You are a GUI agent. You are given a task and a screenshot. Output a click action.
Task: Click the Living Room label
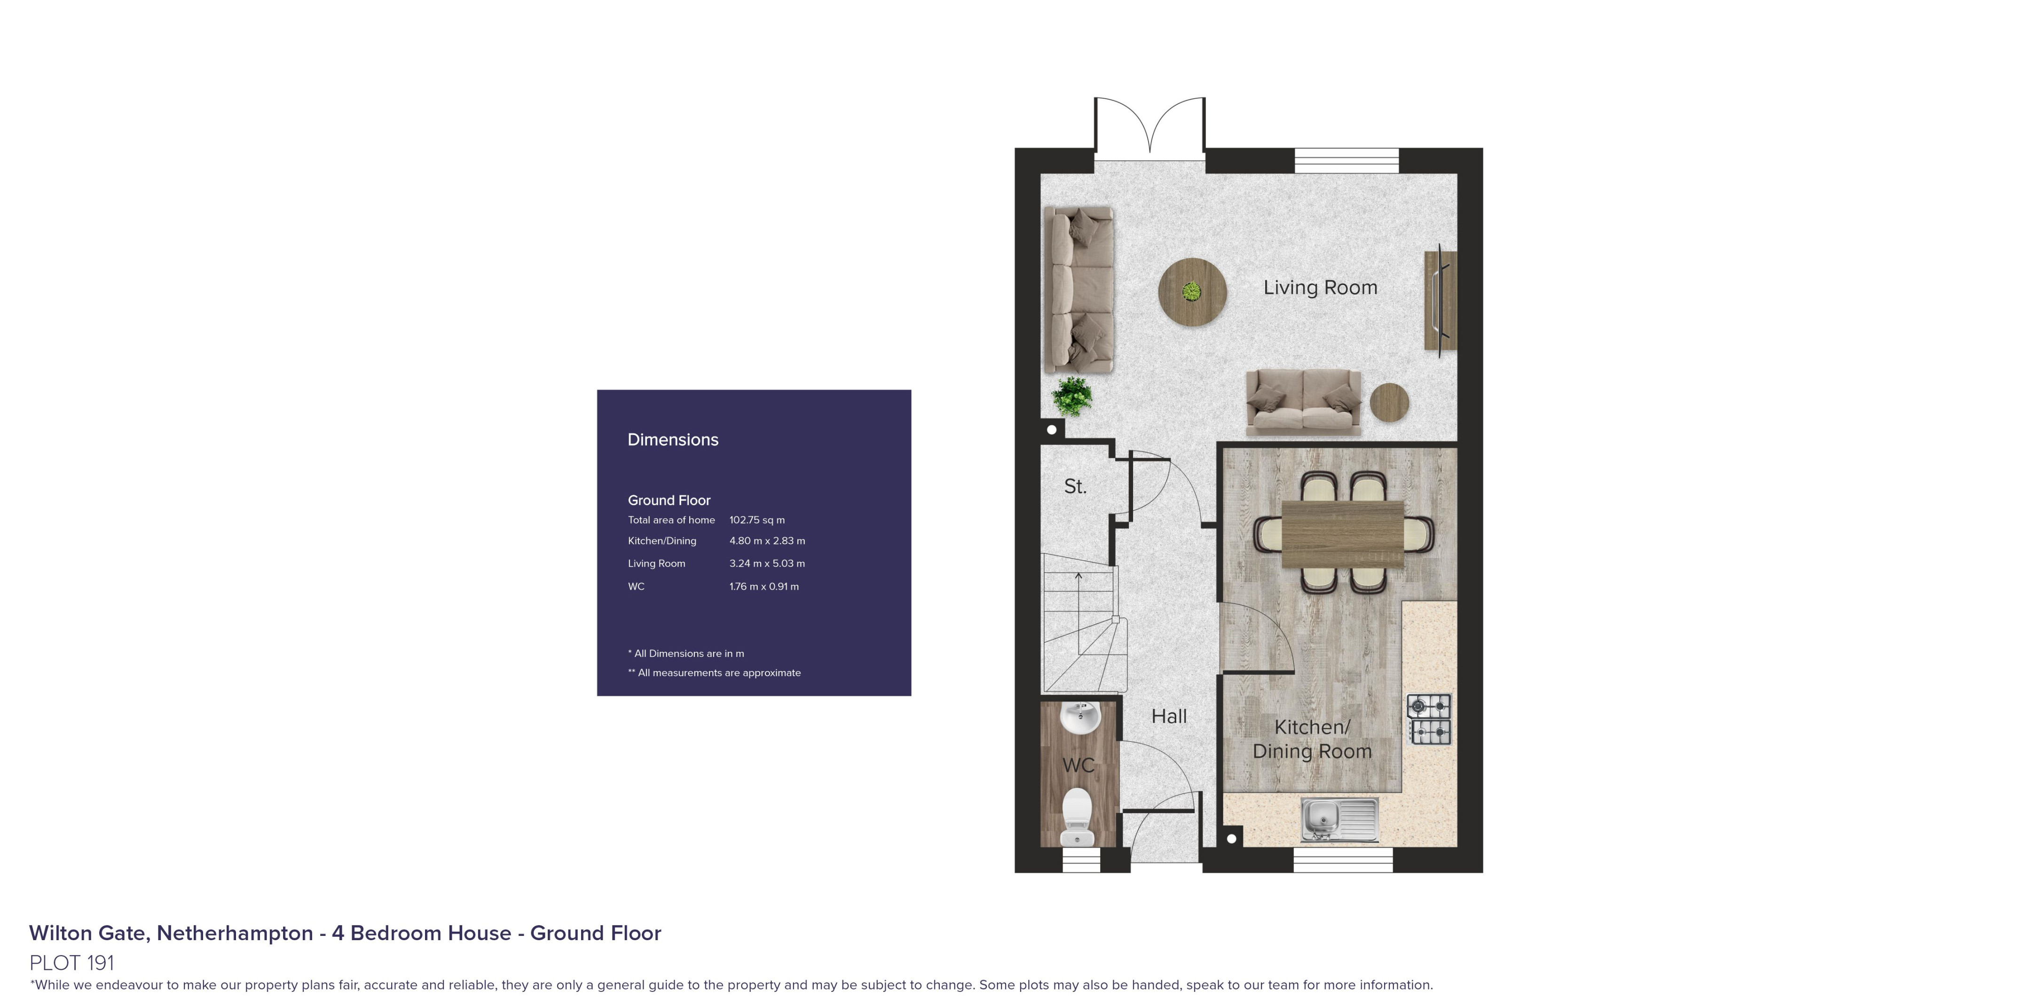pyautogui.click(x=1321, y=288)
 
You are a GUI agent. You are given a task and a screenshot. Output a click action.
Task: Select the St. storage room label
pyautogui.click(x=1075, y=486)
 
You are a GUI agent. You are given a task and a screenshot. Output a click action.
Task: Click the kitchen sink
pyautogui.click(x=1339, y=818)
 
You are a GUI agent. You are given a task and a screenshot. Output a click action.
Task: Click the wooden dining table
pyautogui.click(x=1343, y=534)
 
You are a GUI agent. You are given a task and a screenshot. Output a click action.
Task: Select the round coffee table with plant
pyautogui.click(x=1192, y=292)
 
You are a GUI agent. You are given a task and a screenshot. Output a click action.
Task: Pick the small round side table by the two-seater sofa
pyautogui.click(x=1389, y=403)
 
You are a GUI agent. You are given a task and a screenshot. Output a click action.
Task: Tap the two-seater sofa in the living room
pyautogui.click(x=1303, y=402)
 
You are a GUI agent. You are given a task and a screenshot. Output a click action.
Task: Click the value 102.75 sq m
pyautogui.click(x=757, y=520)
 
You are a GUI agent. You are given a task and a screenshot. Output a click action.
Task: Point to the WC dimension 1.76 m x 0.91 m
pyautogui.click(x=764, y=586)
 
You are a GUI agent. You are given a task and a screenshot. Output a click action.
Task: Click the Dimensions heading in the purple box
pyautogui.click(x=672, y=440)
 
